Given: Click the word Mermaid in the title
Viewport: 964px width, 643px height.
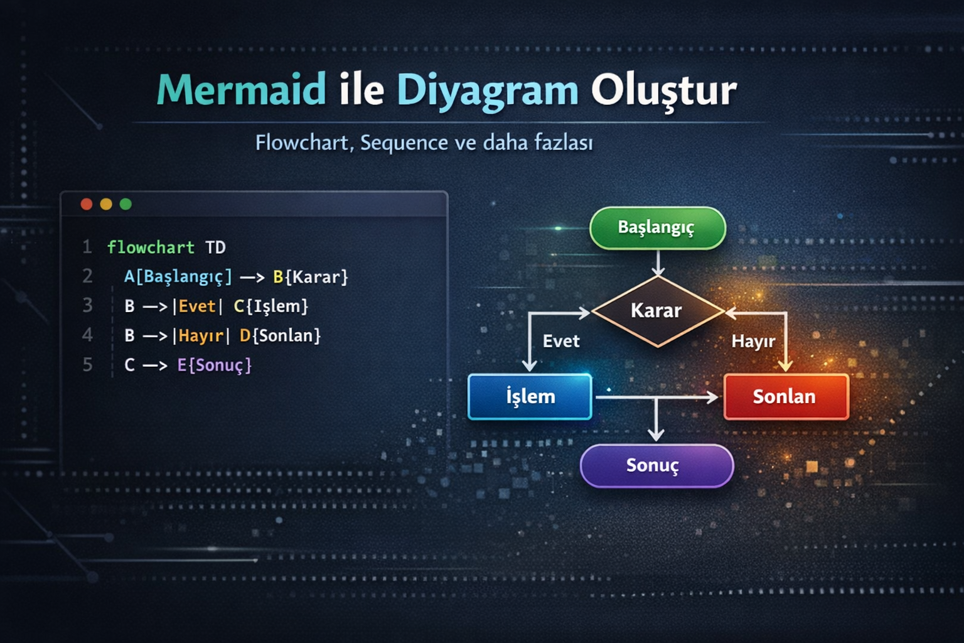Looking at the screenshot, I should pyautogui.click(x=242, y=90).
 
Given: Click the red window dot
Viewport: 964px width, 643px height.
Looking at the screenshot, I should pyautogui.click(x=87, y=204).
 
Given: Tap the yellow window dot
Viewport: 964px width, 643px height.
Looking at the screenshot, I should pyautogui.click(x=106, y=204).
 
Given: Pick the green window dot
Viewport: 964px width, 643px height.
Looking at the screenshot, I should pyautogui.click(x=126, y=204).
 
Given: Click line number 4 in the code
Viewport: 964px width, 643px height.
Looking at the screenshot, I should pyautogui.click(x=87, y=335).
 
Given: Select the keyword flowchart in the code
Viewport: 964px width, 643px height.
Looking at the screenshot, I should pyautogui.click(x=151, y=247).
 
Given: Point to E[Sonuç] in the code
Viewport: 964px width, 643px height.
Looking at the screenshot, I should pyautogui.click(x=214, y=365).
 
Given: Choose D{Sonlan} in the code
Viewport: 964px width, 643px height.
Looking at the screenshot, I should pyautogui.click(x=280, y=336).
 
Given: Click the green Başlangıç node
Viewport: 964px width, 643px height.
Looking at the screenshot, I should pyautogui.click(x=657, y=228).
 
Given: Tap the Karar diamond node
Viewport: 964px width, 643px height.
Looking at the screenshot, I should pyautogui.click(x=657, y=311).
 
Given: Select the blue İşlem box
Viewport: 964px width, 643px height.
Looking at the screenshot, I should pyautogui.click(x=530, y=397).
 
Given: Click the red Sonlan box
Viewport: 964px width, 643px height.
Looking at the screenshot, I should pyautogui.click(x=785, y=397).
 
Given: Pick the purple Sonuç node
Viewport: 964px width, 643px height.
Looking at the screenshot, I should pyautogui.click(x=656, y=466).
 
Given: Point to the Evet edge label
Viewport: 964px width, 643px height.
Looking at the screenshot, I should pyautogui.click(x=561, y=342).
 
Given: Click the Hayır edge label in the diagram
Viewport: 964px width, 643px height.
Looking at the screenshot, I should pyautogui.click(x=753, y=342).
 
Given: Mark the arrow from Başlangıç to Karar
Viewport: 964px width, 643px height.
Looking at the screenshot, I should pyautogui.click(x=658, y=262).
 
